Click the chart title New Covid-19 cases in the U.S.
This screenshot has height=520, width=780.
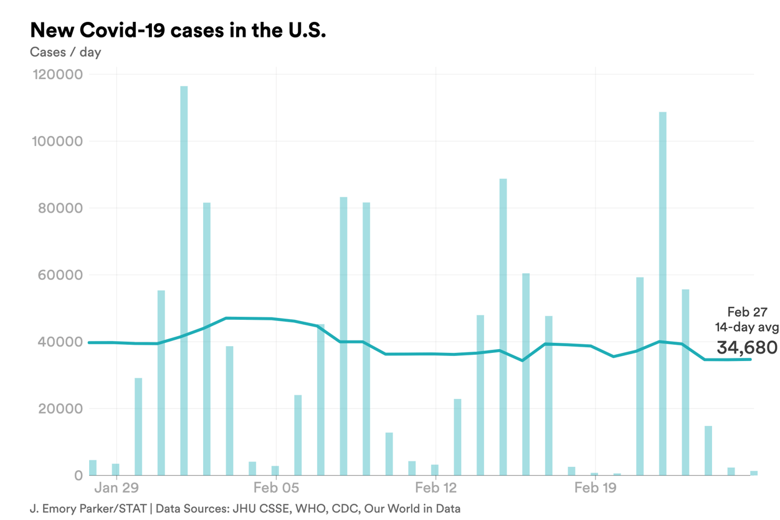tap(178, 31)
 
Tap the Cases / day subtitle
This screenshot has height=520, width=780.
tap(65, 52)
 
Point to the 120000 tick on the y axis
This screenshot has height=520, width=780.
tap(57, 75)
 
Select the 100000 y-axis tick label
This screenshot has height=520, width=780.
tap(57, 142)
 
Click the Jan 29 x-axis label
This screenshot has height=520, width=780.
tap(117, 488)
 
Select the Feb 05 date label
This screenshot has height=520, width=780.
tap(276, 488)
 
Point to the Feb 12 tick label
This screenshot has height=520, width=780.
tap(435, 488)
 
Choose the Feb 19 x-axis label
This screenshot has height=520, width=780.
tap(595, 488)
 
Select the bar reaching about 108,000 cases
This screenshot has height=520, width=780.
tap(662, 293)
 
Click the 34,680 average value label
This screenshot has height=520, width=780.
tap(746, 347)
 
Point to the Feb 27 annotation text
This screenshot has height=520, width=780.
tap(747, 313)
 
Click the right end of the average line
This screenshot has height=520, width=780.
tap(751, 359)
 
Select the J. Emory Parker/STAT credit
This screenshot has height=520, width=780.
tap(88, 509)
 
